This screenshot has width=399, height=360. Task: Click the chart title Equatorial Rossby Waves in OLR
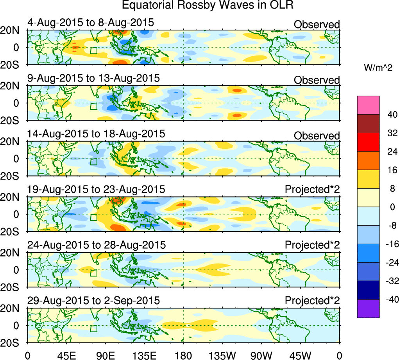pos(207,5)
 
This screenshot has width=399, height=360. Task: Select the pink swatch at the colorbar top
pos(368,105)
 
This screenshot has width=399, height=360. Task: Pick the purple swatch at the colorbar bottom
pos(368,308)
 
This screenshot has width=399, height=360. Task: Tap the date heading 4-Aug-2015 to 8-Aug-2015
pos(91,23)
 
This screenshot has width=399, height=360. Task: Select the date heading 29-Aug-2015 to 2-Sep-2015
pos(93,301)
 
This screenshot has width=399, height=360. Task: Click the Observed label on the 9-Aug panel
pos(317,80)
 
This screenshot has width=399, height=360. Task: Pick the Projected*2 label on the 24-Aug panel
pos(312,245)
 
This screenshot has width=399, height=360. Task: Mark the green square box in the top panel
pos(93,50)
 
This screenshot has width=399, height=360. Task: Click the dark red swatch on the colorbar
pos(368,123)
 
